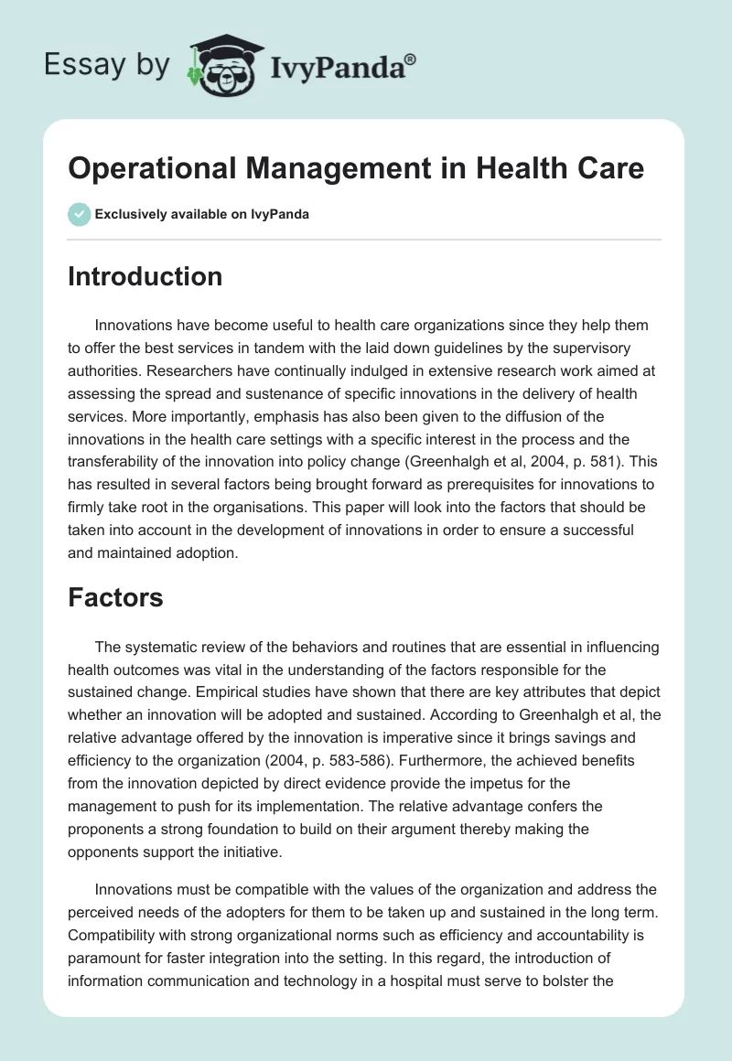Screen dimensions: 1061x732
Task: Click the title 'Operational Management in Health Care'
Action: click(x=356, y=168)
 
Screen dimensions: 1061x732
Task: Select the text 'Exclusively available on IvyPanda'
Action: click(x=202, y=214)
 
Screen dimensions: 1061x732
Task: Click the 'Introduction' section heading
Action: click(x=145, y=276)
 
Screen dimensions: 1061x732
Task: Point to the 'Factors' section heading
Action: click(x=115, y=598)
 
